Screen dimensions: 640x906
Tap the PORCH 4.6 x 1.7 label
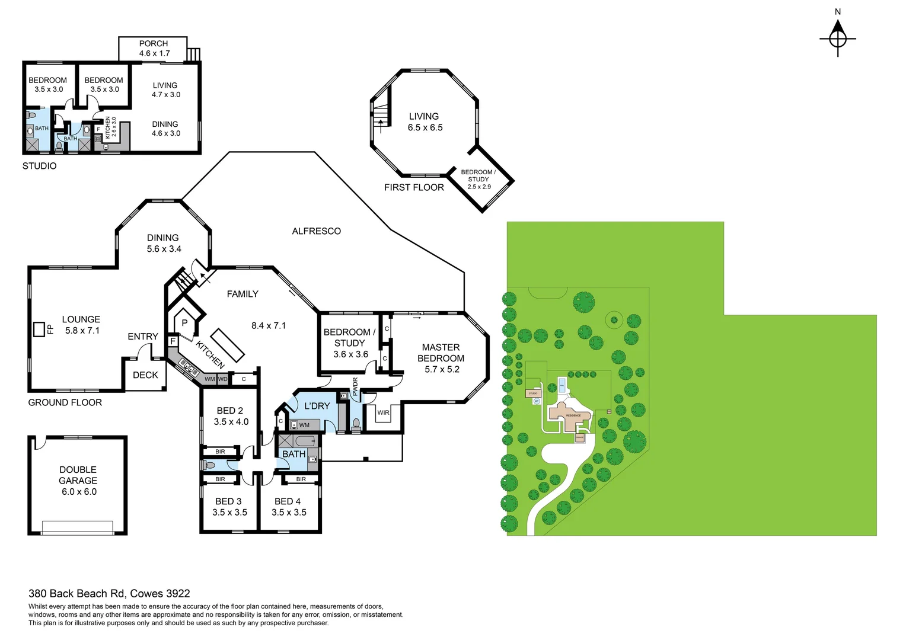click(x=154, y=49)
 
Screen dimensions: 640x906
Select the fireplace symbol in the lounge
click(x=39, y=329)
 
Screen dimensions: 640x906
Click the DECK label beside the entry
click(x=145, y=375)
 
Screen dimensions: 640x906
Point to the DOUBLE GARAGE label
click(x=78, y=480)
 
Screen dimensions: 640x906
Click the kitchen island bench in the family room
click(x=228, y=345)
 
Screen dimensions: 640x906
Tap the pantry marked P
click(x=184, y=323)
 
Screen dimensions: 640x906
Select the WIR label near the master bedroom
click(x=384, y=412)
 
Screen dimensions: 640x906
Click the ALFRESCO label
click(x=316, y=231)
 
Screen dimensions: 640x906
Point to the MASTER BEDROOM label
click(x=441, y=358)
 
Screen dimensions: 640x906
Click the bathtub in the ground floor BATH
click(x=306, y=441)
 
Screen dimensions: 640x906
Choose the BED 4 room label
click(x=288, y=501)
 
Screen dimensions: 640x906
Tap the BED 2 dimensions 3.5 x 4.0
click(x=231, y=422)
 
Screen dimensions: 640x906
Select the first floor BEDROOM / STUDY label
click(x=478, y=179)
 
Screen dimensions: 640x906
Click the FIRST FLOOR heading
click(x=414, y=187)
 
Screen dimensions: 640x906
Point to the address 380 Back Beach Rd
click(x=109, y=593)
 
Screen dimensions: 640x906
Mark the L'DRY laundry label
click(x=317, y=406)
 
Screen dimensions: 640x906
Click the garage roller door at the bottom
click(x=78, y=527)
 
